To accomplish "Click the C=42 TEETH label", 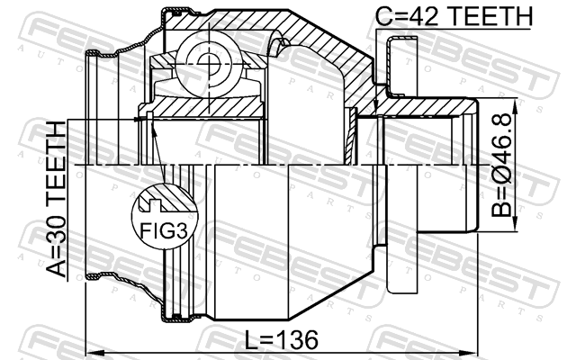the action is click(x=454, y=16).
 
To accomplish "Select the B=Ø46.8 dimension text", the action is click(x=501, y=165).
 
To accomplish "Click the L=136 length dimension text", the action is click(x=281, y=339).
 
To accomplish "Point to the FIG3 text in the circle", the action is click(x=164, y=230).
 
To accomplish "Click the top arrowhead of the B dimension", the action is click(x=516, y=104).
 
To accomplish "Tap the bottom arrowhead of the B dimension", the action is click(x=516, y=225).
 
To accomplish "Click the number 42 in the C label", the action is click(x=425, y=16).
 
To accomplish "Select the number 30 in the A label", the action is click(x=56, y=229).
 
